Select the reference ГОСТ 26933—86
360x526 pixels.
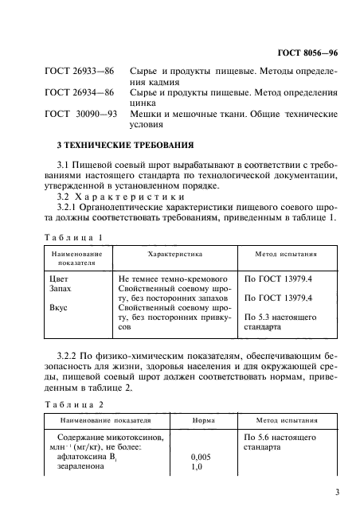point(78,72)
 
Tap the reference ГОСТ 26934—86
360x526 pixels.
point(78,93)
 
